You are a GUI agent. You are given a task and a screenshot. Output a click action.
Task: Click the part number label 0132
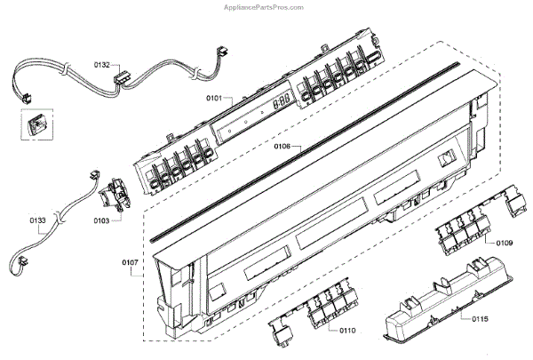pyautogui.click(x=102, y=65)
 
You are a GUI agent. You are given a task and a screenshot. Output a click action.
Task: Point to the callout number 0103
pyautogui.click(x=99, y=220)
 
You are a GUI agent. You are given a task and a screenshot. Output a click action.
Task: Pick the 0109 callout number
pyautogui.click(x=505, y=242)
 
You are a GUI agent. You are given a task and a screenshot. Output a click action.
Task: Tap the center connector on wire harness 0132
pyautogui.click(x=122, y=79)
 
